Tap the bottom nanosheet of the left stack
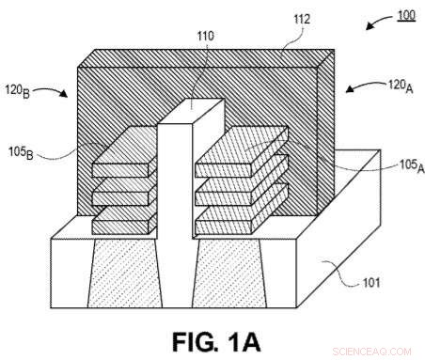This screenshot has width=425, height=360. point(124,224)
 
